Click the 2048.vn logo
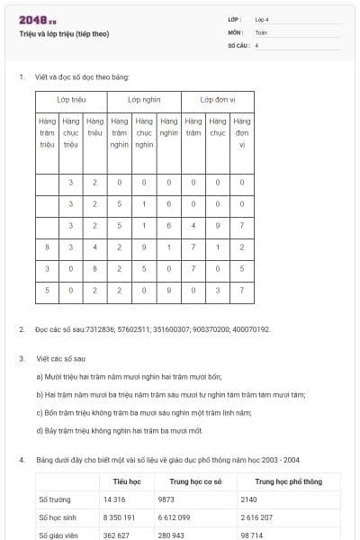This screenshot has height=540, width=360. [38, 20]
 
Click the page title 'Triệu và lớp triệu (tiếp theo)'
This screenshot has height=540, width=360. [64, 33]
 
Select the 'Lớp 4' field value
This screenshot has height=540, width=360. [262, 19]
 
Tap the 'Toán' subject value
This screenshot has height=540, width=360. [261, 31]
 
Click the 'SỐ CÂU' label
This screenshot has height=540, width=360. [238, 44]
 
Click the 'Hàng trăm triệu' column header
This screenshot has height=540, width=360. [48, 132]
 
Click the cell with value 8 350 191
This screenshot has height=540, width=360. [120, 517]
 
